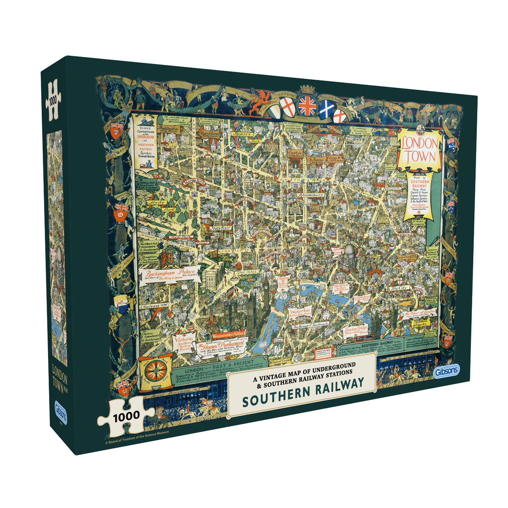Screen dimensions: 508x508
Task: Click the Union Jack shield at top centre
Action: (x=307, y=106)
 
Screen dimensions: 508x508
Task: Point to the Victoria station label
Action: (x=183, y=343)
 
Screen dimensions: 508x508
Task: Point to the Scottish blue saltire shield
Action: (x=326, y=109)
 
